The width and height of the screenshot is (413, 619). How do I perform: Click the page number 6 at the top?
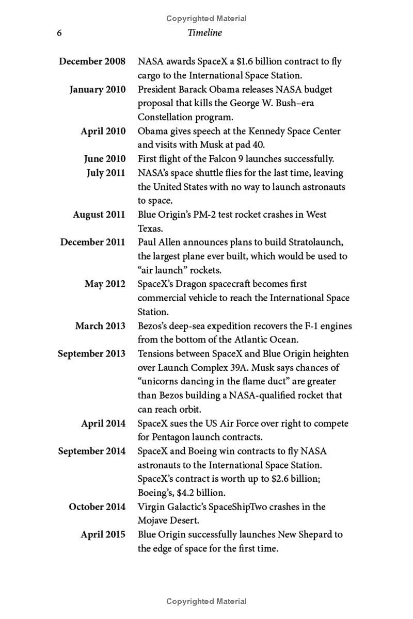[59, 33]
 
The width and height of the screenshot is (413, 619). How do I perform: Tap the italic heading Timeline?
[205, 33]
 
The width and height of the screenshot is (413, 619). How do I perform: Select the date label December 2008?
[92, 61]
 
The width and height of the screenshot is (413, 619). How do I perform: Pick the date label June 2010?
[104, 159]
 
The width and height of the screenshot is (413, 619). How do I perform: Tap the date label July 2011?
[106, 173]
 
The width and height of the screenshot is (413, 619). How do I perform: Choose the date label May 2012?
[105, 284]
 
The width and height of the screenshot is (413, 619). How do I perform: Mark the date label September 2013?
[91, 354]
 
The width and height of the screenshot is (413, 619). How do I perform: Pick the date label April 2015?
[103, 534]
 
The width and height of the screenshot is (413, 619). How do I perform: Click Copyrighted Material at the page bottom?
[206, 601]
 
